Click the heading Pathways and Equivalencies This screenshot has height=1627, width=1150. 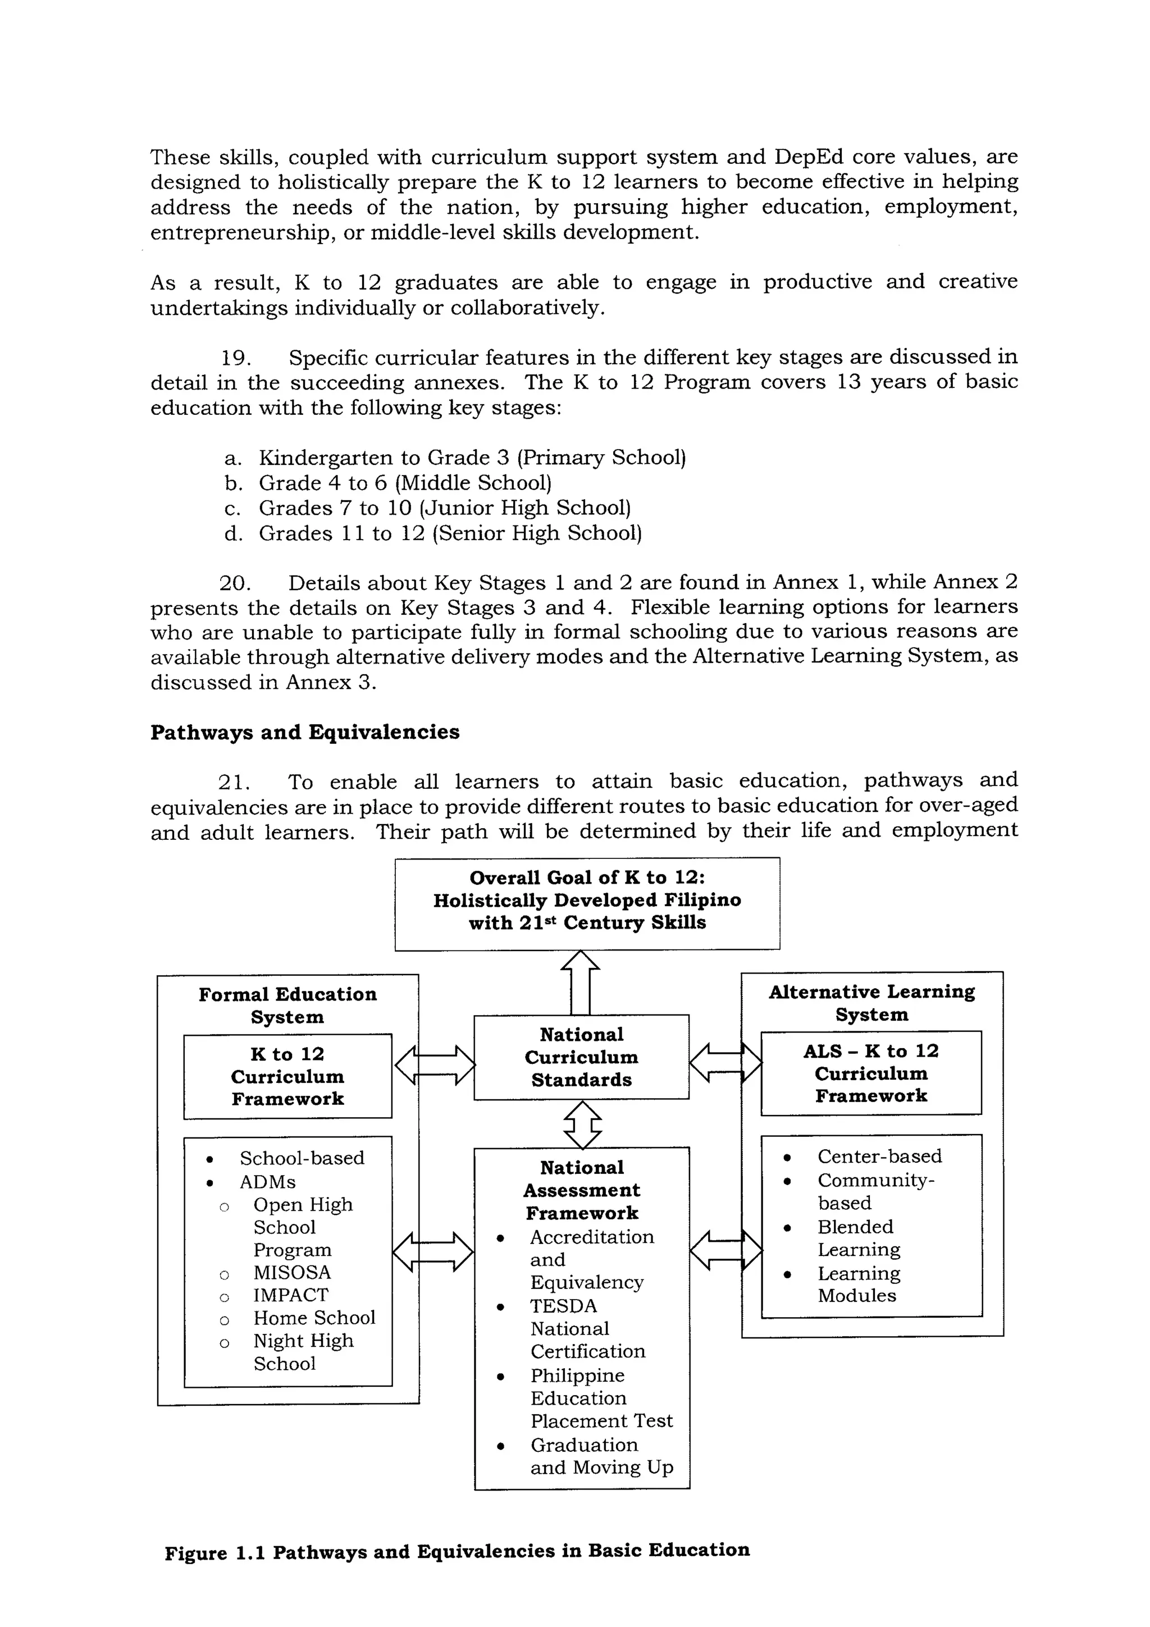coord(305,732)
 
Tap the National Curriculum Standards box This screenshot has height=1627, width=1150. coord(581,1057)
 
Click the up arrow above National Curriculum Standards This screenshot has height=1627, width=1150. coord(580,982)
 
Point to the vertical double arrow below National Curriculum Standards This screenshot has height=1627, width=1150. coord(582,1124)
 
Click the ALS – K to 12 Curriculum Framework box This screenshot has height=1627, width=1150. coord(871,1073)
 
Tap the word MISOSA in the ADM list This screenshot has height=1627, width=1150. coord(292,1272)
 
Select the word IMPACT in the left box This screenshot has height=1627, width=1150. coord(290,1295)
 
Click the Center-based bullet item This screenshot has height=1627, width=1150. coord(879,1156)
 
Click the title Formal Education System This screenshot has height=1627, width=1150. coord(287,1005)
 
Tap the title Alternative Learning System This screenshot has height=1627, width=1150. coord(871,1003)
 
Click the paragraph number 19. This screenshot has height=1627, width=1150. coord(235,358)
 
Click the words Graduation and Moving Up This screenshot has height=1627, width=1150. coord(601,1456)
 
